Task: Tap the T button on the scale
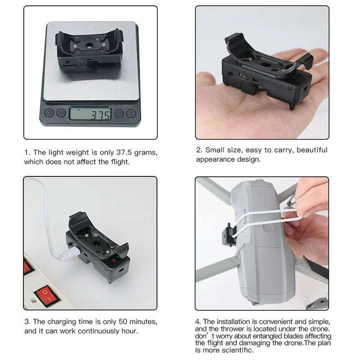click(x=131, y=113)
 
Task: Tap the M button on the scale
click(x=61, y=113)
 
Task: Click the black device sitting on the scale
click(x=90, y=49)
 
